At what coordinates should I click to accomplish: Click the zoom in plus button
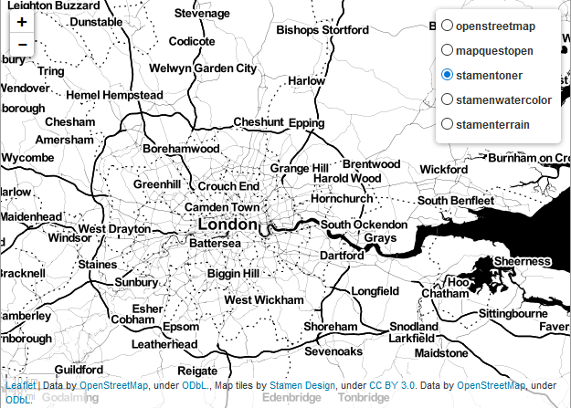click(x=22, y=21)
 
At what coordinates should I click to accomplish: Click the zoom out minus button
click(x=22, y=45)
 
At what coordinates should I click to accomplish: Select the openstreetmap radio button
click(x=447, y=26)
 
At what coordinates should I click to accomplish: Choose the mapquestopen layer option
click(x=447, y=51)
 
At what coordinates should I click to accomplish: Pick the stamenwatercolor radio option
click(x=447, y=99)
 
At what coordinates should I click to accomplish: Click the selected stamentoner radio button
click(x=447, y=75)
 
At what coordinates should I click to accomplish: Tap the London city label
click(x=228, y=225)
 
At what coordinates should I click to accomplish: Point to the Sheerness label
click(x=523, y=261)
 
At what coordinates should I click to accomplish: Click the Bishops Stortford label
click(x=323, y=30)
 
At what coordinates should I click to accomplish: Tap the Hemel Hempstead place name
click(x=114, y=95)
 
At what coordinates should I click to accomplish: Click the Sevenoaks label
click(x=333, y=350)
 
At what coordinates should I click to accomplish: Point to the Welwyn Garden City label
click(x=204, y=68)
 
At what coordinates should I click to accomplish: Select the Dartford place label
click(x=342, y=256)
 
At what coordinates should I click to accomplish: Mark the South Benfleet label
click(x=456, y=201)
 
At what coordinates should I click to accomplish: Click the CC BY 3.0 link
click(x=394, y=386)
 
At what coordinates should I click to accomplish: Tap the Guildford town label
click(x=79, y=370)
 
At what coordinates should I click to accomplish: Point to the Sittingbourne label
click(x=518, y=313)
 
